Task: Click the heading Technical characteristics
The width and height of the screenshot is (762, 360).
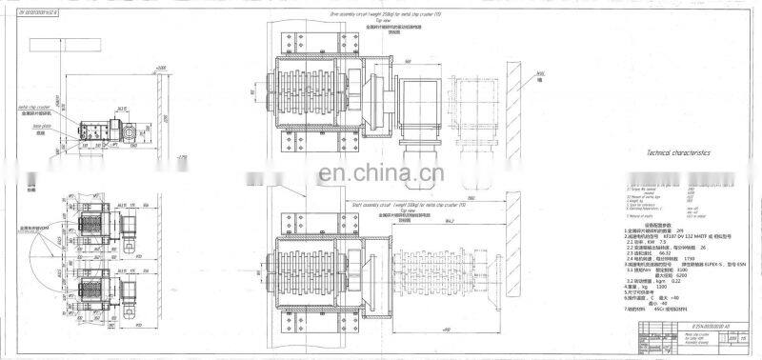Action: (678, 152)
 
